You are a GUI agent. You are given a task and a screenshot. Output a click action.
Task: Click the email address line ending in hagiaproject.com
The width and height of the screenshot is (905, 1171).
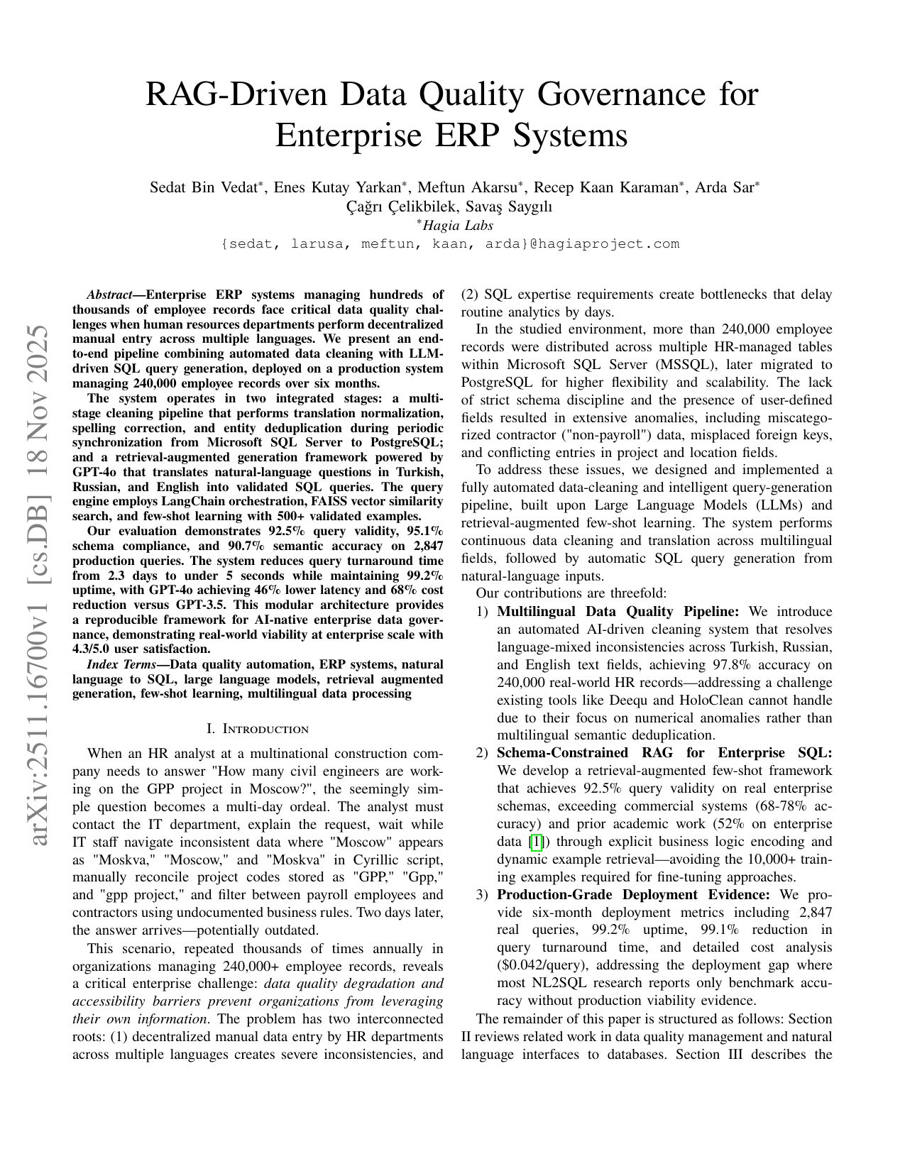[x=451, y=244]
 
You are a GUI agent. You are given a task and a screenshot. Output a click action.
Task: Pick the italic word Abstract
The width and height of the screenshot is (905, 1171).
[x=110, y=295]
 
